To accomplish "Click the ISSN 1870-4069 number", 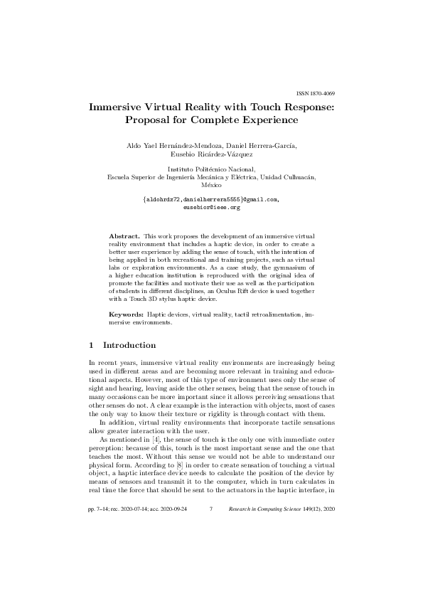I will [315, 94].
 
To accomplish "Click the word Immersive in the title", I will [117, 108].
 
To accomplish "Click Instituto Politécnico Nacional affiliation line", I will [210, 169].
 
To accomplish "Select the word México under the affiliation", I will [210, 184].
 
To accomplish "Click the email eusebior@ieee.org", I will [210, 207].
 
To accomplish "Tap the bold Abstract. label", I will [124, 235].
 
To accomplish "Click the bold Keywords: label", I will [126, 314].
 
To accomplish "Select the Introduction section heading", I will [129, 345].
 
